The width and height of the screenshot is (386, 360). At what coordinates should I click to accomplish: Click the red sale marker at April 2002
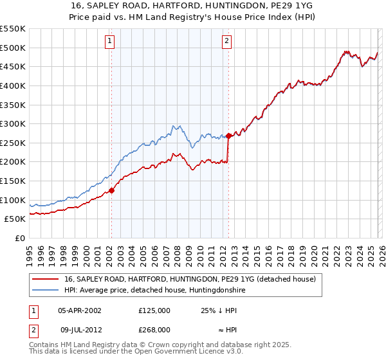[111, 190]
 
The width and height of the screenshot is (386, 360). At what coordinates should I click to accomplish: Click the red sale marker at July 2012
[228, 136]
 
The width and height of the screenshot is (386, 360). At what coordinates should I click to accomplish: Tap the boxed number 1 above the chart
[110, 42]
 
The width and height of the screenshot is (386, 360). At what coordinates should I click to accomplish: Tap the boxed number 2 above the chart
[228, 42]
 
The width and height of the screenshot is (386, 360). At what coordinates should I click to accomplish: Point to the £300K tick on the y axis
[12, 123]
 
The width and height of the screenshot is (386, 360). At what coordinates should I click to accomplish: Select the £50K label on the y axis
[15, 219]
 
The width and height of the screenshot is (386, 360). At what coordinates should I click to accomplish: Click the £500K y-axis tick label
[12, 48]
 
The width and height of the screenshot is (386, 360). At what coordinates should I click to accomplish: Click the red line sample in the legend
[46, 280]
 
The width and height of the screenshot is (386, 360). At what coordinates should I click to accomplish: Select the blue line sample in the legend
[46, 291]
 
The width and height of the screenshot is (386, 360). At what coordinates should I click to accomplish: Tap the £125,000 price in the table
[154, 310]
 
